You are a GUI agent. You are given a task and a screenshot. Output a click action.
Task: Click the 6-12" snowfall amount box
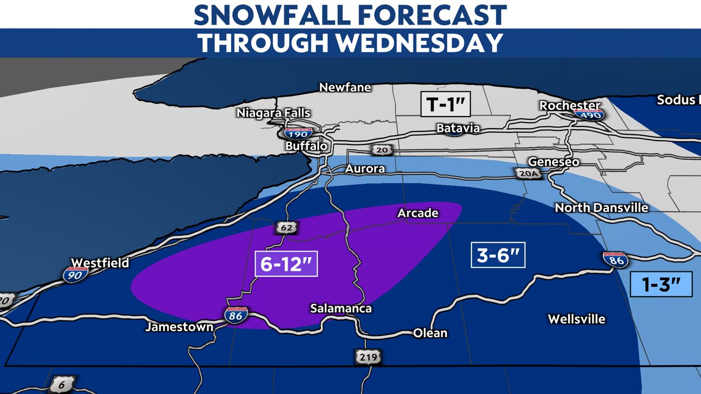[x=286, y=265]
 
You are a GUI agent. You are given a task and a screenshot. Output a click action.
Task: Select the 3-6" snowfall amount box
[x=498, y=255]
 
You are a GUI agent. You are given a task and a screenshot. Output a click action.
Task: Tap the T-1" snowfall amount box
[x=445, y=104]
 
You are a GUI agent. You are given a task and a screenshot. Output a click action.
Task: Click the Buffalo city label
[x=306, y=146]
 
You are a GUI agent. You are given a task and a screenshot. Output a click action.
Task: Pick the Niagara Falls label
[x=273, y=113]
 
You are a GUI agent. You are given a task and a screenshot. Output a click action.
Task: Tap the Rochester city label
[x=570, y=105]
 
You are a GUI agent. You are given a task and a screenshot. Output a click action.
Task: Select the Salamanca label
[x=341, y=308]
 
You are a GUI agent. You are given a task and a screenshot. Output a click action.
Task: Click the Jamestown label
[x=179, y=327]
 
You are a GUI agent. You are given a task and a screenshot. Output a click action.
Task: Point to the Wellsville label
[x=576, y=318]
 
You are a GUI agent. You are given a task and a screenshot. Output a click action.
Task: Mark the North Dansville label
[x=601, y=207]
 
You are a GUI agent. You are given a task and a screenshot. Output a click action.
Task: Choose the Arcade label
[x=418, y=213]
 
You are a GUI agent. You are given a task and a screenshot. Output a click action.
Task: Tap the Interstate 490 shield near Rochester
[x=589, y=114]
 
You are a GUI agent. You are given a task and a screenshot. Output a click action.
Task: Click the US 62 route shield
[x=283, y=227]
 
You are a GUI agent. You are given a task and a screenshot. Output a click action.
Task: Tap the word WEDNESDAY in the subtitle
[x=420, y=43]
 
